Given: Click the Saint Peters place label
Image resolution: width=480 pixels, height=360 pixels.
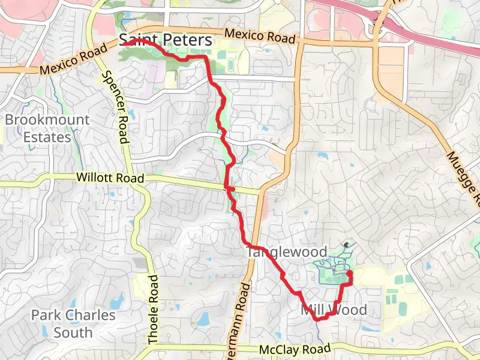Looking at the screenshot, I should [x=166, y=40].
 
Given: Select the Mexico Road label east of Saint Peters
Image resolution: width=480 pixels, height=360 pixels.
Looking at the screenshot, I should [x=260, y=36].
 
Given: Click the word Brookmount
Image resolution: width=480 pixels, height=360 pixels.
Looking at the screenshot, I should [x=47, y=119].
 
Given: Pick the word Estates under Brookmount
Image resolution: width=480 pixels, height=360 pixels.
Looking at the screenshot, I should [x=47, y=137].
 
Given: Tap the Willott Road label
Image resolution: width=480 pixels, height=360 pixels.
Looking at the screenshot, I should [x=110, y=178].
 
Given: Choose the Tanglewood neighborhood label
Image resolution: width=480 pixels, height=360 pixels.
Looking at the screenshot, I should [x=287, y=252].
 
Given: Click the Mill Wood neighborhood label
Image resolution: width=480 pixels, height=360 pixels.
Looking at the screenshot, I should [x=333, y=310].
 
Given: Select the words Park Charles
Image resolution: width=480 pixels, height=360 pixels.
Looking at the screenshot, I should [x=73, y=315].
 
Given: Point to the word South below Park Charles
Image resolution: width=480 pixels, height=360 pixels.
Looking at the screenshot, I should [x=73, y=332].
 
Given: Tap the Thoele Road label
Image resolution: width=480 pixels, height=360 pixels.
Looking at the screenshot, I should [x=153, y=310].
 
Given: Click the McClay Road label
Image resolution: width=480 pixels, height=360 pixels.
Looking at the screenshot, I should [x=295, y=349].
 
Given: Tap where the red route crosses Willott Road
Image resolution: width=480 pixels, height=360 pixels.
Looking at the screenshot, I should [x=227, y=188].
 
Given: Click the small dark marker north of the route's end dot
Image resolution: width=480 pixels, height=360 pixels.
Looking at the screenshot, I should [x=347, y=244].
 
